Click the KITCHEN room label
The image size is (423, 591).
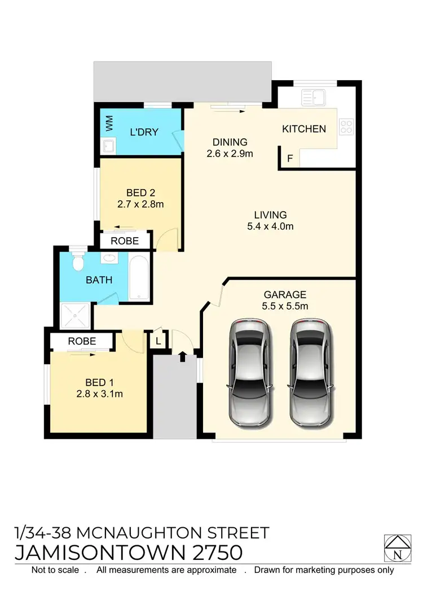coord(304,129)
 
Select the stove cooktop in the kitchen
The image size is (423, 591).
coord(346,126)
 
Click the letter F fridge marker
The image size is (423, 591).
coord(290,159)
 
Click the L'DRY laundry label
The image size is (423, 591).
coord(144,133)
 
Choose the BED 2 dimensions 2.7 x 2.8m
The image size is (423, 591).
coord(140,204)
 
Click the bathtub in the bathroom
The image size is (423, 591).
coord(139,279)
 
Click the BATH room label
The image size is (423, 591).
coord(99,280)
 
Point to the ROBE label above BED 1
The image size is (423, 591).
coord(82,342)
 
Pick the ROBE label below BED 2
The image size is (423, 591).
coord(125,240)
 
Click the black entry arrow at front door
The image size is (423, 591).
coord(182,356)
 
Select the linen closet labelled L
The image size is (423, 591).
coord(158,341)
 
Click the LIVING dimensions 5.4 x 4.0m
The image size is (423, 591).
coord(271,227)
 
